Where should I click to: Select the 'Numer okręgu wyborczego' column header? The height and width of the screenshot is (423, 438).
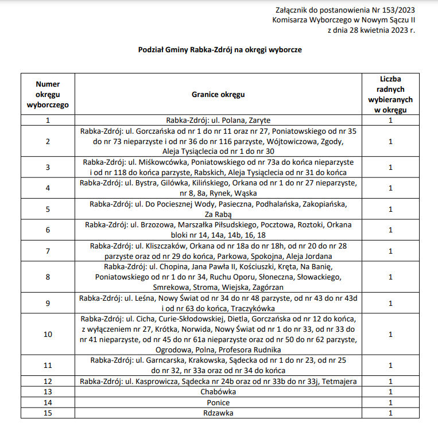click(x=48, y=94)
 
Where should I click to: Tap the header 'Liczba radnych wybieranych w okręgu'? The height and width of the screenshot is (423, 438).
click(x=390, y=94)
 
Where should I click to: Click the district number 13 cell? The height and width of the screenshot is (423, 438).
click(x=48, y=392)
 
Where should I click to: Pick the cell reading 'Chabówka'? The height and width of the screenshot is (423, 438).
click(x=218, y=392)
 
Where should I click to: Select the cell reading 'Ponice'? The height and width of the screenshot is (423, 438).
click(x=218, y=402)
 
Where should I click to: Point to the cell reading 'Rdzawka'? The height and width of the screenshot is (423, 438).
click(x=218, y=413)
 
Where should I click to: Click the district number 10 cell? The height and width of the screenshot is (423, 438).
click(x=48, y=334)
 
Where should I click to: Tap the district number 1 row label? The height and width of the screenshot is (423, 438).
click(x=48, y=121)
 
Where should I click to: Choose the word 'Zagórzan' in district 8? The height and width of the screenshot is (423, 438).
click(x=268, y=287)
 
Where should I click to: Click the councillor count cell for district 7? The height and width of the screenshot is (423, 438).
click(x=390, y=251)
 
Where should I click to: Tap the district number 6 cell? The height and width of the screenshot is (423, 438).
click(x=48, y=230)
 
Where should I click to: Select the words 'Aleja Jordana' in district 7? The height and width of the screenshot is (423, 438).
click(x=311, y=256)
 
